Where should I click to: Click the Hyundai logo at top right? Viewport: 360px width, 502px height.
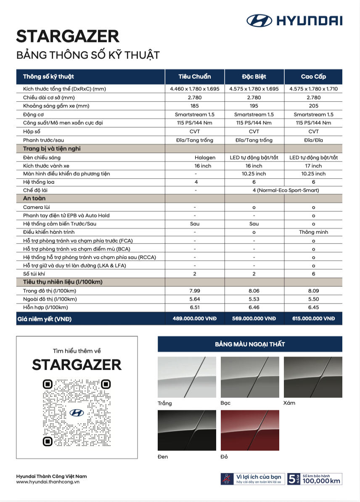click(x=294, y=20)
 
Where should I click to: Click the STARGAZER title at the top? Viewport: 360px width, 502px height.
click(x=68, y=37)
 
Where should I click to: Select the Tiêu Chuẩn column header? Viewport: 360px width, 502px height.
click(x=194, y=77)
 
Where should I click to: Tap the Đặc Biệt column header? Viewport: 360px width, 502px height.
click(x=254, y=77)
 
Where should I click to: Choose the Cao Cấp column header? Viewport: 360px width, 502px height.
click(x=313, y=77)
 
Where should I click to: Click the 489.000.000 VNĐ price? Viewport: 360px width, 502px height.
click(x=194, y=319)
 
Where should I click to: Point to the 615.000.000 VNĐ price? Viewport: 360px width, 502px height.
click(x=313, y=319)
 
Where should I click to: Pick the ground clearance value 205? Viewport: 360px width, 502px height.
click(x=313, y=106)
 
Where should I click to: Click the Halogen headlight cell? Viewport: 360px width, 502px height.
click(x=205, y=157)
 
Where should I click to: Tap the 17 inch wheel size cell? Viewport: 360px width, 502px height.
click(x=313, y=166)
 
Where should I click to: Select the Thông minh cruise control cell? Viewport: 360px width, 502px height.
click(x=313, y=232)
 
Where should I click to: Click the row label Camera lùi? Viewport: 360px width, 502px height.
click(x=37, y=207)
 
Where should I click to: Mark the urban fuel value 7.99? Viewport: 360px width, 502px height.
click(x=194, y=291)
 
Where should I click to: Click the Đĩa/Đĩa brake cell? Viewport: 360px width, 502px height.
click(x=313, y=140)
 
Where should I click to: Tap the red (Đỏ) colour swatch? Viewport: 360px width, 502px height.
click(x=250, y=430)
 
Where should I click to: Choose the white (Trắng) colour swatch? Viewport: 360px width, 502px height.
click(x=187, y=377)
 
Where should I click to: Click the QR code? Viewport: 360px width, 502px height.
click(x=77, y=413)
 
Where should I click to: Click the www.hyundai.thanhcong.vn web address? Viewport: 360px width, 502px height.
click(x=48, y=482)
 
